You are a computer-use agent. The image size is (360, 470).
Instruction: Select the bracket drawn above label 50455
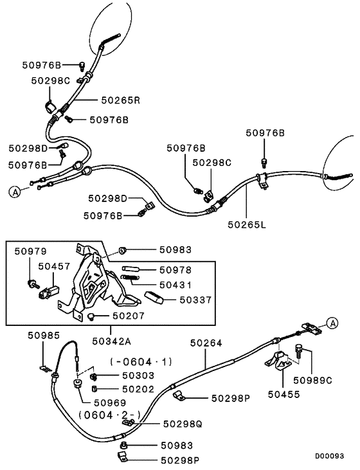pos(278,365)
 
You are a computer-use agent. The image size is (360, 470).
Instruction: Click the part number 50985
pos(43,335)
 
